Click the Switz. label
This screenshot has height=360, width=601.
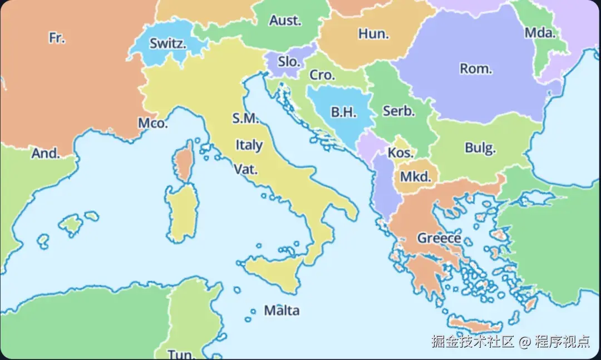(x=168, y=43)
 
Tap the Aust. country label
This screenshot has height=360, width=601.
(x=285, y=21)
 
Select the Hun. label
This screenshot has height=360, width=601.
(x=373, y=34)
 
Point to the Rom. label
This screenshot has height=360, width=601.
(x=476, y=69)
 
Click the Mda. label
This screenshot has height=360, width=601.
(x=540, y=33)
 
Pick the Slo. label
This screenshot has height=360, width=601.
(x=289, y=62)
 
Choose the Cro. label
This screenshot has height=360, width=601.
(x=322, y=75)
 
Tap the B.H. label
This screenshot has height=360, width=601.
(x=343, y=112)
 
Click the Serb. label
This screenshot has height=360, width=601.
(x=399, y=111)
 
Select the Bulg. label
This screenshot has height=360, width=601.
(x=480, y=148)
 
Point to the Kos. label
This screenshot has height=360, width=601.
(x=401, y=152)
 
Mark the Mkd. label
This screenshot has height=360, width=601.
(x=416, y=177)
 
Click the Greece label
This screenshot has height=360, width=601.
(x=439, y=238)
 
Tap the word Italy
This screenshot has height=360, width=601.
(x=249, y=145)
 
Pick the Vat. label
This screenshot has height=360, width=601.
(x=245, y=169)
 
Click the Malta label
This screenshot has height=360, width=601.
(x=282, y=310)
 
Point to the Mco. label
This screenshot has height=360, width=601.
(x=152, y=124)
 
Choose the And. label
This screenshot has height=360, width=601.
(x=45, y=154)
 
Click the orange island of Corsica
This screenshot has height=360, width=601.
(x=183, y=162)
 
